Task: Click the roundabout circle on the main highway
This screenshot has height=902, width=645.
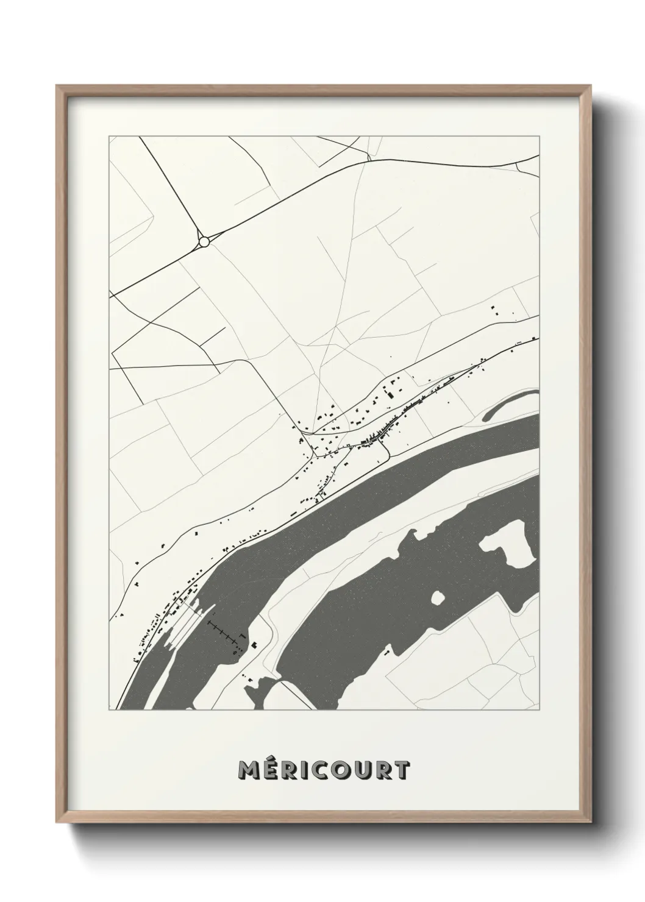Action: click(204, 242)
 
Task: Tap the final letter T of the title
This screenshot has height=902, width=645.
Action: click(402, 770)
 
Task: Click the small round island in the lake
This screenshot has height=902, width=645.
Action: click(438, 598)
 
